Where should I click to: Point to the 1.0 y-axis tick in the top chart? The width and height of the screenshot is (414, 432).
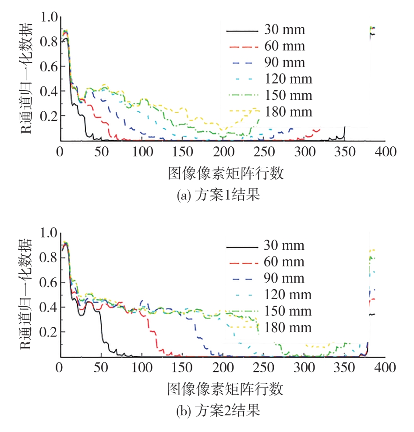click(49, 17)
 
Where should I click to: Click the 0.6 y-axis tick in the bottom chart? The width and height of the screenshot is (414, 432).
click(49, 283)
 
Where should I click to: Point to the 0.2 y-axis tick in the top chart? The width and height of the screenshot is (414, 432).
click(49, 116)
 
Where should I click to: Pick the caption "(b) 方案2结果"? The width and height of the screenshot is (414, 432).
click(218, 411)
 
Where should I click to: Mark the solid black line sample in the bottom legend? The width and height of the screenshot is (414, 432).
click(241, 247)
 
